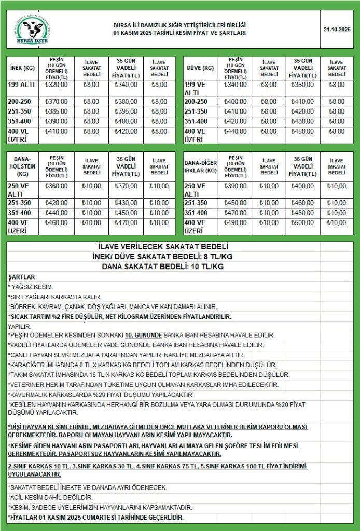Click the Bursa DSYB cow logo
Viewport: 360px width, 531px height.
point(32,29)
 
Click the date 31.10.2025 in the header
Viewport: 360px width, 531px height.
point(337,29)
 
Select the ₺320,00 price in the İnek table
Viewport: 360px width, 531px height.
point(57,85)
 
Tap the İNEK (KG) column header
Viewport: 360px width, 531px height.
point(22,68)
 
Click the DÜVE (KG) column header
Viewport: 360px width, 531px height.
point(200,68)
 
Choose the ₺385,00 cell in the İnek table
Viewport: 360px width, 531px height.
point(57,111)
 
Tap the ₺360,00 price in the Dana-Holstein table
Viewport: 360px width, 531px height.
point(57,186)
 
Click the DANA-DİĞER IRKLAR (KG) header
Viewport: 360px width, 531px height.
point(201,166)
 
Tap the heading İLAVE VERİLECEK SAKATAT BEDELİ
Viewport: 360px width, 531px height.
point(163,247)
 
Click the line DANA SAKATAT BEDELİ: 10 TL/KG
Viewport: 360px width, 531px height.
point(163,267)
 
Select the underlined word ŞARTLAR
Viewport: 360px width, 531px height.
point(22,277)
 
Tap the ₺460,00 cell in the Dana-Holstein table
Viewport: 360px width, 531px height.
point(57,223)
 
